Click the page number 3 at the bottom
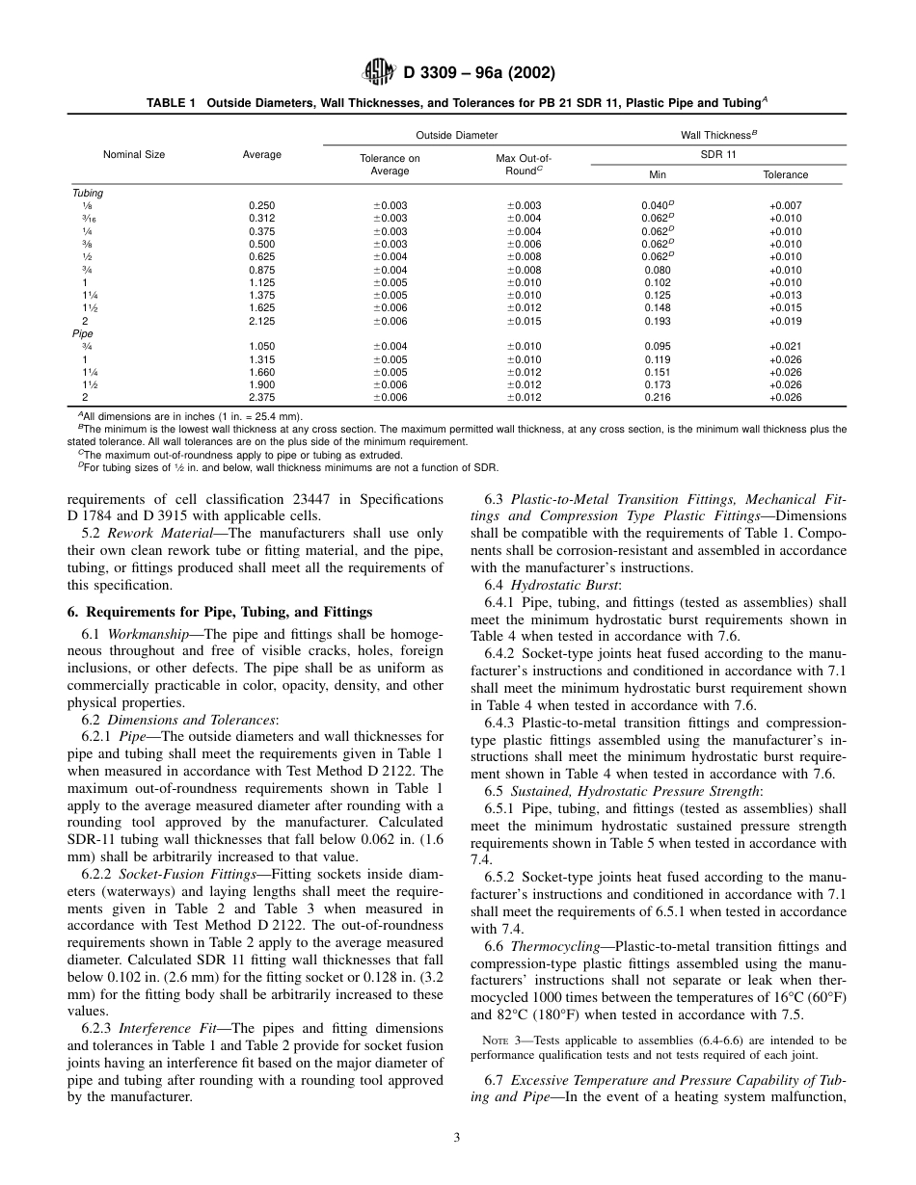(x=457, y=1138)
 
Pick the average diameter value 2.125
(x=261, y=321)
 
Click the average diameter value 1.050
(x=261, y=347)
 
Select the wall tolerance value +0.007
(x=785, y=205)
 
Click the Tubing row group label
(x=88, y=193)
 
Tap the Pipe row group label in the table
(x=84, y=333)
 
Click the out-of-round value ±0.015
(x=524, y=321)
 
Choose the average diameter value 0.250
(x=261, y=205)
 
